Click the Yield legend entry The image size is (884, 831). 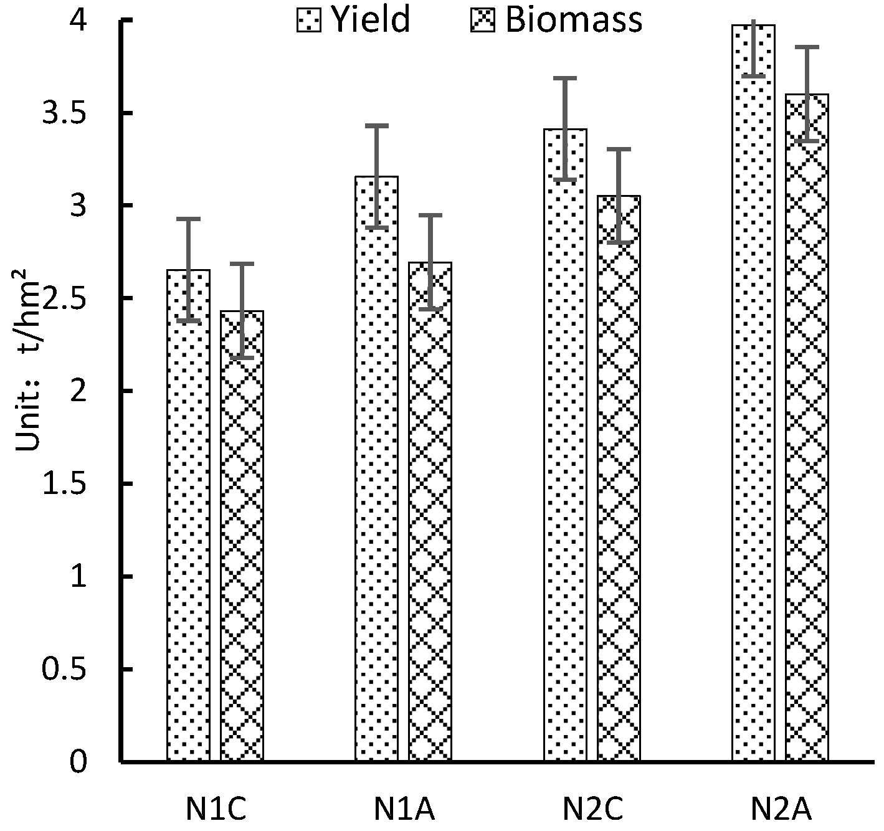tap(353, 20)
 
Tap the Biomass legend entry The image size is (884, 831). tap(554, 20)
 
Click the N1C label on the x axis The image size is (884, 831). tap(216, 809)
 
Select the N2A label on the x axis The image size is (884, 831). tap(781, 809)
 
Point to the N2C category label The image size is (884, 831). tap(592, 809)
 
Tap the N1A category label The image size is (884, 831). tap(404, 809)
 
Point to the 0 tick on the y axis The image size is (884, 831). tap(78, 762)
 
